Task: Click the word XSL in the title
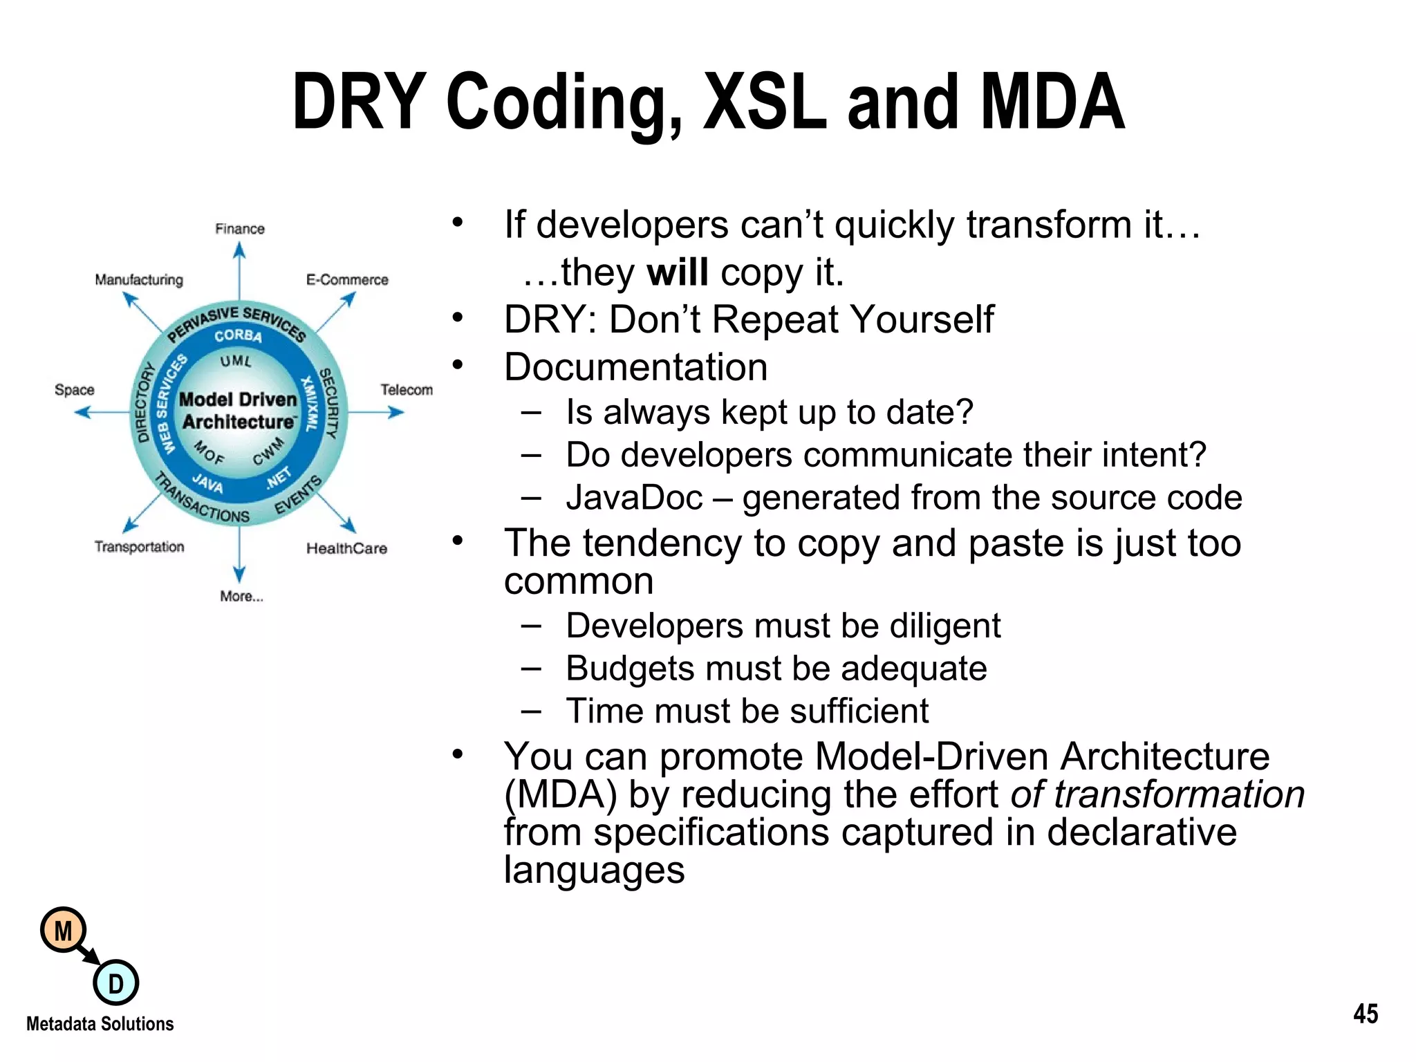[x=764, y=102]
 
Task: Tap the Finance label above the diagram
[x=239, y=229]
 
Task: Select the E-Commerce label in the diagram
[x=347, y=280]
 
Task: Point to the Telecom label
[x=406, y=390]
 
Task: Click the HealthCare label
[x=346, y=548]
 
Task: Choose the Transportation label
[x=139, y=547]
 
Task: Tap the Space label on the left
[x=74, y=390]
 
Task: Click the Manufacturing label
[x=139, y=280]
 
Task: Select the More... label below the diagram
[x=241, y=596]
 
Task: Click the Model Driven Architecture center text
[x=238, y=411]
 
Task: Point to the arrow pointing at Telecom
[x=377, y=413]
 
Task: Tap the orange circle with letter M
[x=63, y=931]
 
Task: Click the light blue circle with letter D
[x=115, y=982]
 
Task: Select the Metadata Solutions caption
[x=100, y=1024]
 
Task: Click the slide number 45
[x=1365, y=1014]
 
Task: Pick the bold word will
[x=677, y=272]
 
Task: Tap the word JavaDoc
[x=634, y=498]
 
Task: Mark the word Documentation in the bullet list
[x=635, y=366]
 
